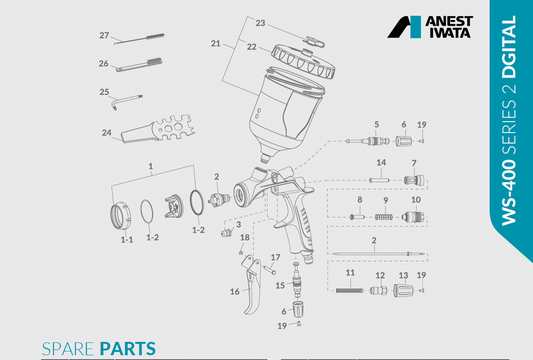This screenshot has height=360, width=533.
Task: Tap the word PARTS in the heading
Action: pos(128,349)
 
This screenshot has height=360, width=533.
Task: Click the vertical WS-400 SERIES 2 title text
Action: pos(512,120)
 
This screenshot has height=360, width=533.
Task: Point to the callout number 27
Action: pos(104,35)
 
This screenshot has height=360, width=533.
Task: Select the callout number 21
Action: pos(214,44)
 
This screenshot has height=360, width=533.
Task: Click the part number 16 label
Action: pos(234,292)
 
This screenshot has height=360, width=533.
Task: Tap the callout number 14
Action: pos(380,162)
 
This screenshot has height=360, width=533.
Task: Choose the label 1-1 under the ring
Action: pos(127,239)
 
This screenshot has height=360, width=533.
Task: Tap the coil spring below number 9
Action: pos(381,214)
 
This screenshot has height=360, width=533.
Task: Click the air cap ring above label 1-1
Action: pos(121,213)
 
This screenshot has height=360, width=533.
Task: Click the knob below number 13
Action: pos(403,290)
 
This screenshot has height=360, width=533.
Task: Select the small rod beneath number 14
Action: pos(380,180)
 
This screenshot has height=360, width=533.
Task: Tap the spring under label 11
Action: pos(349,291)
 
